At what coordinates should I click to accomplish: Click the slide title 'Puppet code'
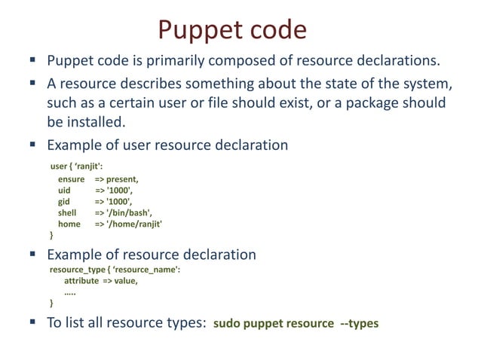232,29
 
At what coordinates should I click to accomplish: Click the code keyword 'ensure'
72,179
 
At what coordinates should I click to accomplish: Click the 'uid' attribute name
64,191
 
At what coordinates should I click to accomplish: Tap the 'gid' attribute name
64,202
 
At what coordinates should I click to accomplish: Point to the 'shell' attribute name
68,213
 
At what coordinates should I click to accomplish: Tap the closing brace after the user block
52,236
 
